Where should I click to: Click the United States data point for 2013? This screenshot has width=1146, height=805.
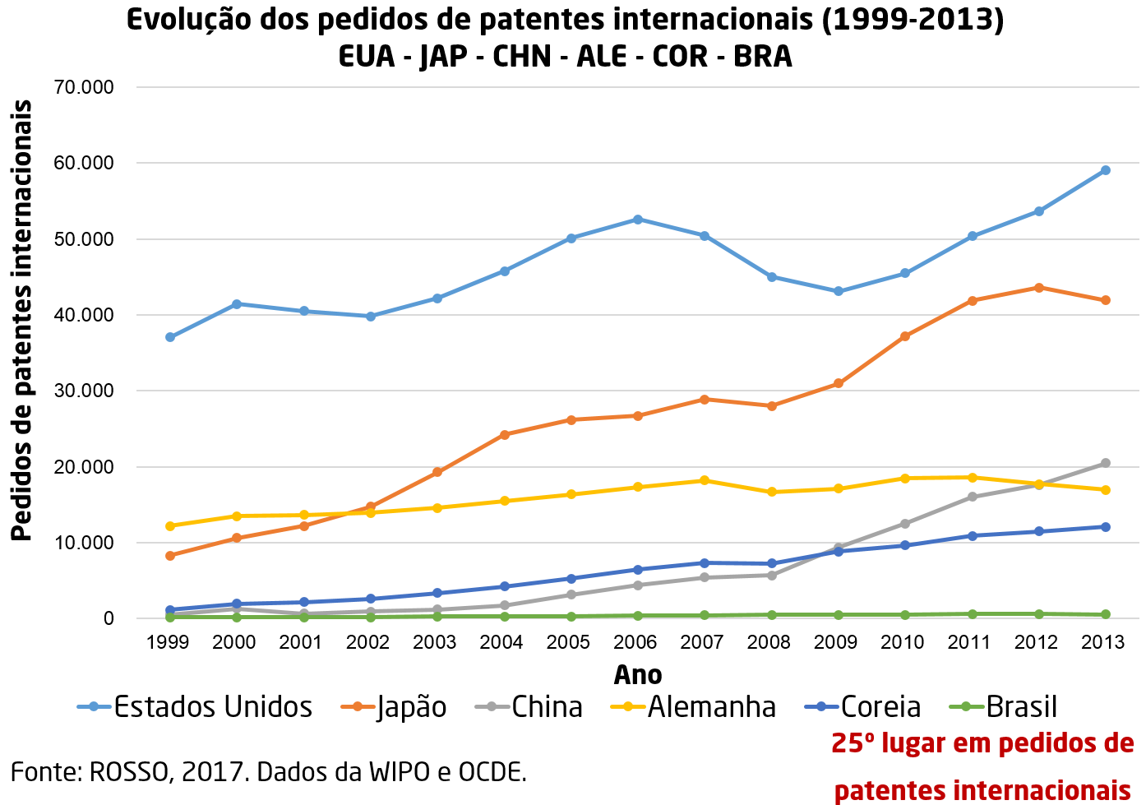click(x=1106, y=170)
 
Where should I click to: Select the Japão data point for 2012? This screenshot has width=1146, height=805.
click(x=1039, y=288)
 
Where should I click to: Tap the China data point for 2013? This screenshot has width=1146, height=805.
click(x=1106, y=463)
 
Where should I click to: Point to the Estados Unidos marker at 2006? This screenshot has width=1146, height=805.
click(x=638, y=220)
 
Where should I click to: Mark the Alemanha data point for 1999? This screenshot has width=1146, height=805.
click(x=170, y=526)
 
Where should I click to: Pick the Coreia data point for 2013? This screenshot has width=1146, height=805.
click(x=1106, y=527)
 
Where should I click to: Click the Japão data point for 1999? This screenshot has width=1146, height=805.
click(x=170, y=556)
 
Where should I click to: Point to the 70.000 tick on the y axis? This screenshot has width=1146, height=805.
click(x=84, y=87)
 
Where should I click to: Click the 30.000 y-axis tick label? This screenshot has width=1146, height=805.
click(x=84, y=391)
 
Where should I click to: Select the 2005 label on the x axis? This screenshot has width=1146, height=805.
click(x=568, y=642)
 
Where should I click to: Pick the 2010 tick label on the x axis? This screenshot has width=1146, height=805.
click(x=903, y=642)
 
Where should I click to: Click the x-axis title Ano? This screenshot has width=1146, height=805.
click(x=638, y=675)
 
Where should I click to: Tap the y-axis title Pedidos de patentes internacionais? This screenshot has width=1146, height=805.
click(x=22, y=321)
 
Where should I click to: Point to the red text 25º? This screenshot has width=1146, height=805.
click(x=852, y=744)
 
